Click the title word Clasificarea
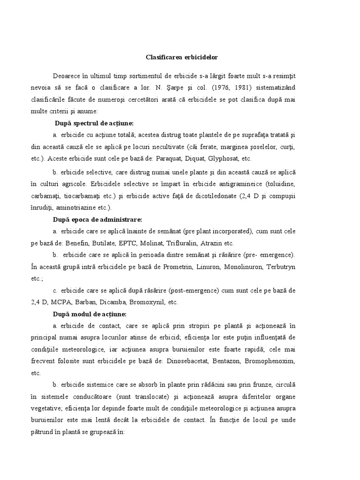click(x=160, y=57)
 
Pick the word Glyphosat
click(x=219, y=158)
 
